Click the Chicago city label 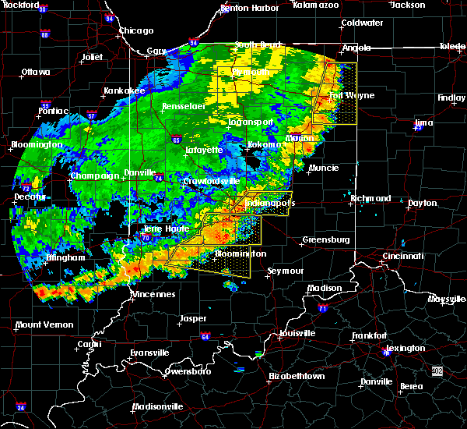coord(136,31)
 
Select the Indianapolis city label coord(270,204)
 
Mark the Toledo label coord(452,47)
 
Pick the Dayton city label coord(423,203)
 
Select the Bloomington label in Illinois coord(36,145)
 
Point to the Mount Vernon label coord(44,324)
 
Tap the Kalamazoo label coord(316,5)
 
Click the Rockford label coord(20,5)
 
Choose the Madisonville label coord(158,406)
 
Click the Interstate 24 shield coord(21,407)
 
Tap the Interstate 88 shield coord(45,34)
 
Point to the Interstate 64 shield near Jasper coord(205,337)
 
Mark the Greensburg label coord(325,239)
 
